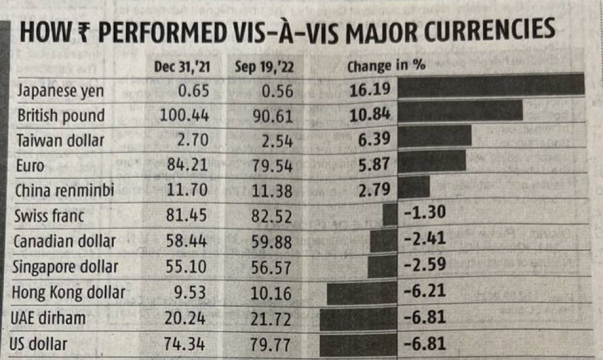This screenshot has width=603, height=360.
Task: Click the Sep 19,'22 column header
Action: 264,66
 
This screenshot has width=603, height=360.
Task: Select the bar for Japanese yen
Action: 491,86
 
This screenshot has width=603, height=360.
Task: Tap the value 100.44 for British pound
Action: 185,116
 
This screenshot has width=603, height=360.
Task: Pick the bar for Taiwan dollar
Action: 435,136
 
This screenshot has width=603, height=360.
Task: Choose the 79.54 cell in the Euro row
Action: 270,167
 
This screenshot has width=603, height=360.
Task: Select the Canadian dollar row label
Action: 64,242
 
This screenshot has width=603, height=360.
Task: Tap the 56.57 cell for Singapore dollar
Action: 270,267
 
